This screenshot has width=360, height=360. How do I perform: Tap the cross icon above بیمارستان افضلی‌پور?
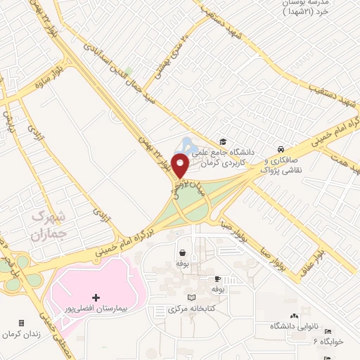click(x=96, y=297)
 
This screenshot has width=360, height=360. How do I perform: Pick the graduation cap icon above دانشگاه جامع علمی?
click(x=224, y=141)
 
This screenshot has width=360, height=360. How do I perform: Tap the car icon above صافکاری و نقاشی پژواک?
click(x=281, y=149)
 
